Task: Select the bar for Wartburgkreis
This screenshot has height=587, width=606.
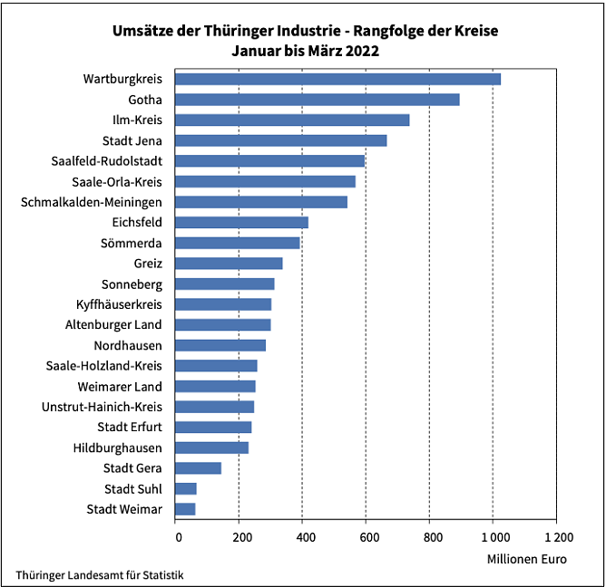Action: tap(337, 79)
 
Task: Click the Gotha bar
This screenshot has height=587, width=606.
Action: tap(317, 100)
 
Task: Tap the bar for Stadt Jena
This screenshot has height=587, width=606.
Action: tap(280, 140)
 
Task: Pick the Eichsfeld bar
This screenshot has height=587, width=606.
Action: tap(241, 222)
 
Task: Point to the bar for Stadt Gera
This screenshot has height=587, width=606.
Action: tap(198, 467)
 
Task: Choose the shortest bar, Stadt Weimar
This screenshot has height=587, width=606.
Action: tap(185, 509)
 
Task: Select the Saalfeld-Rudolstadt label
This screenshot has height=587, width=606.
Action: tap(107, 160)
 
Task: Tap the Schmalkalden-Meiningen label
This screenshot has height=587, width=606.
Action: tap(92, 201)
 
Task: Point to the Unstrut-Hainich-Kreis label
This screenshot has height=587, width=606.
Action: tap(102, 407)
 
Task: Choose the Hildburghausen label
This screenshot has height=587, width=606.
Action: tap(118, 447)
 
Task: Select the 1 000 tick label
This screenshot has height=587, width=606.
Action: tap(493, 536)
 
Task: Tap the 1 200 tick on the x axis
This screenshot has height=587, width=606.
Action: tap(556, 536)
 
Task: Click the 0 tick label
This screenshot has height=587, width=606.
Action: tap(178, 536)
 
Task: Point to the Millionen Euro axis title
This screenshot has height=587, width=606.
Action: tap(526, 559)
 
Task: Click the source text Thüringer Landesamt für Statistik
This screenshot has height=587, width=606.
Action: tap(104, 575)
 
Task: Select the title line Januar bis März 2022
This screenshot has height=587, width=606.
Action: tap(305, 52)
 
